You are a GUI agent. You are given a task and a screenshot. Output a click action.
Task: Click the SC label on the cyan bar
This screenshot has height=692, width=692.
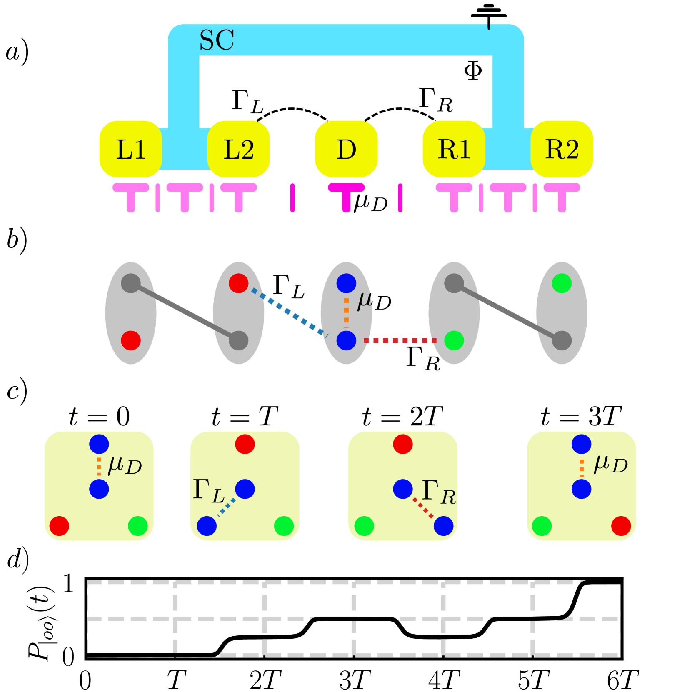(217, 40)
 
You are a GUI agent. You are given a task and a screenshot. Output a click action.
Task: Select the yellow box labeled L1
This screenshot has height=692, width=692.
(130, 149)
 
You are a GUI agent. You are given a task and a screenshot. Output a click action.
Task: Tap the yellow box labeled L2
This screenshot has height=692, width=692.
(239, 149)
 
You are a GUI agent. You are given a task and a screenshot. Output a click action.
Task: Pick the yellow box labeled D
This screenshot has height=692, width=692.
(346, 149)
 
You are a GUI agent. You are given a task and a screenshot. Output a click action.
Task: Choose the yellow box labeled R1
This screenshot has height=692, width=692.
(454, 149)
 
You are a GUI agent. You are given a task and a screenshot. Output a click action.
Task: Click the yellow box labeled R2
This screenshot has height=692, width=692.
(562, 149)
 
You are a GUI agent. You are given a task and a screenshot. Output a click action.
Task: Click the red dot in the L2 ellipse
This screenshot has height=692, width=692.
(238, 283)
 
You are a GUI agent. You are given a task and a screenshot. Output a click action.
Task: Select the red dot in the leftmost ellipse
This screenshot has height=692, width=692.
(131, 340)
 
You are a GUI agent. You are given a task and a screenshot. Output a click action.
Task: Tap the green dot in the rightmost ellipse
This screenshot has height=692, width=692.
(562, 283)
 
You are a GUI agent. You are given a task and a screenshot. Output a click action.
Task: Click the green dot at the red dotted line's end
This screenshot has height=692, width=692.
(454, 340)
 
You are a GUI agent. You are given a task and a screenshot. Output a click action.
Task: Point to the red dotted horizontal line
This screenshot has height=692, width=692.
(400, 340)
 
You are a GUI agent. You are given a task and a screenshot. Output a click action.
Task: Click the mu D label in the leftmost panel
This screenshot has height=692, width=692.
(124, 465)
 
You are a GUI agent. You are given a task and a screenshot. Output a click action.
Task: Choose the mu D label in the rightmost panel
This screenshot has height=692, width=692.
(610, 464)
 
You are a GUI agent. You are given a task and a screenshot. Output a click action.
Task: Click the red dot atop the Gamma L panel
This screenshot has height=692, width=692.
(245, 444)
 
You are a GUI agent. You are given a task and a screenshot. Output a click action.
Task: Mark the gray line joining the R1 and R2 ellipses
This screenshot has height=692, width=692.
(508, 312)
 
